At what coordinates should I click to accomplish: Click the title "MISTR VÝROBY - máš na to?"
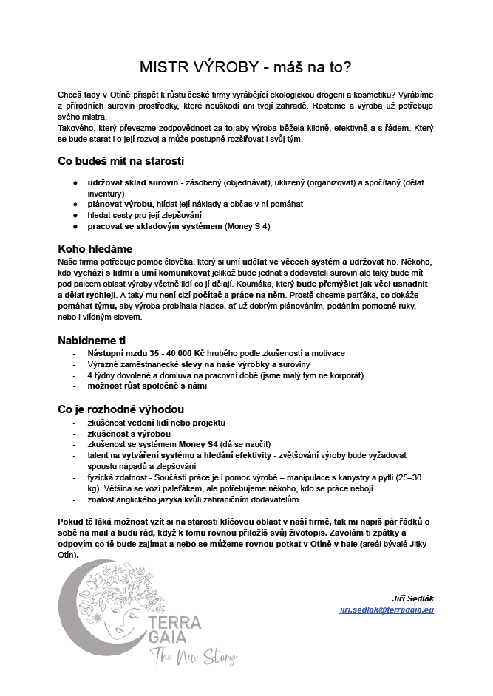[245, 67]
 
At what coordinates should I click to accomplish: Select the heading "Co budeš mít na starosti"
[120, 161]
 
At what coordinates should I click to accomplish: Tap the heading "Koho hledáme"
[95, 248]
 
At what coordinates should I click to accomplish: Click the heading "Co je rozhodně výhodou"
[120, 409]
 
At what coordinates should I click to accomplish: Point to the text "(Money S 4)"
[248, 226]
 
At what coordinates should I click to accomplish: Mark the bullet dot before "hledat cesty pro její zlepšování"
[75, 215]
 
